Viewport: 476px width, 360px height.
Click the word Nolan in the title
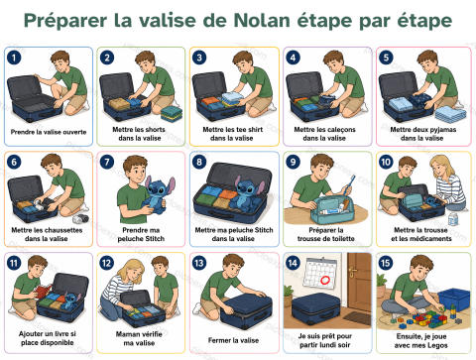(262, 21)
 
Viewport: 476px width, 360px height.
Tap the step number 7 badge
(107, 162)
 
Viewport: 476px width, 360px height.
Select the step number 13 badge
(199, 263)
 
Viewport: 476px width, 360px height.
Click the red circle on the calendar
(325, 280)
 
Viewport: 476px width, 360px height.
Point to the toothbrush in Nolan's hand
(349, 185)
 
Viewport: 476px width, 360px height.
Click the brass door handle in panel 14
(353, 273)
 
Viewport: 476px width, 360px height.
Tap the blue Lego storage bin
(454, 300)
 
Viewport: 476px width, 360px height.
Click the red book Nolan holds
(42, 292)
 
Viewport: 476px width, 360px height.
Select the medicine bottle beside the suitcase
(453, 218)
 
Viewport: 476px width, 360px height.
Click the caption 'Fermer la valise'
(233, 340)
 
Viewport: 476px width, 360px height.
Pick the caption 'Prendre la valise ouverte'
(49, 132)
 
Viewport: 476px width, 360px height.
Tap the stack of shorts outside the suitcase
(171, 113)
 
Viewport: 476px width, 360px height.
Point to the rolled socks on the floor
(80, 218)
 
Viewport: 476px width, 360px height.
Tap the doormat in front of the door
(358, 317)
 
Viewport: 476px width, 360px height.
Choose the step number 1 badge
(14, 58)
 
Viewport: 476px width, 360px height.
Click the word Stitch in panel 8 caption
(263, 230)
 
